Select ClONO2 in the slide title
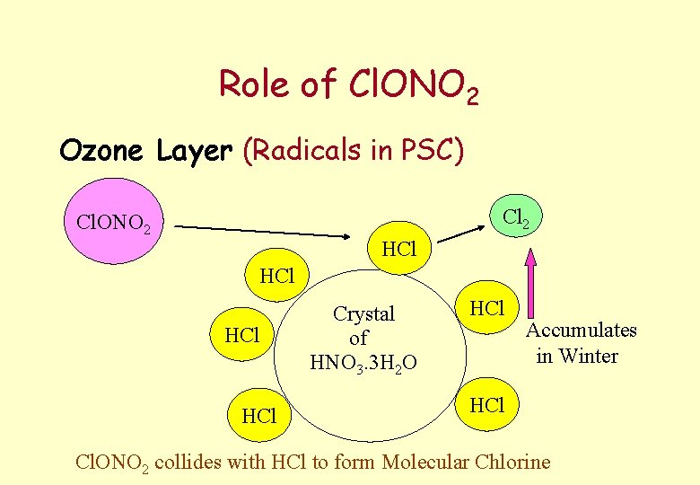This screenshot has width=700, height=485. [x=411, y=85]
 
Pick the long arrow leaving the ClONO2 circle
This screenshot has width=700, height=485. [x=261, y=231]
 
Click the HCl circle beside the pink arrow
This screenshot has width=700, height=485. [x=487, y=309]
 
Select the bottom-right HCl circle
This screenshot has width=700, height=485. [x=487, y=405]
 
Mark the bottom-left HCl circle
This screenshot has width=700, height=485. [x=258, y=416]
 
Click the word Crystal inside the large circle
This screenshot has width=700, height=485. [x=363, y=314]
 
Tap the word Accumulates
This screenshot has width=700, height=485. [x=582, y=331]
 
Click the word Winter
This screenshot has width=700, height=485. [x=589, y=357]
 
